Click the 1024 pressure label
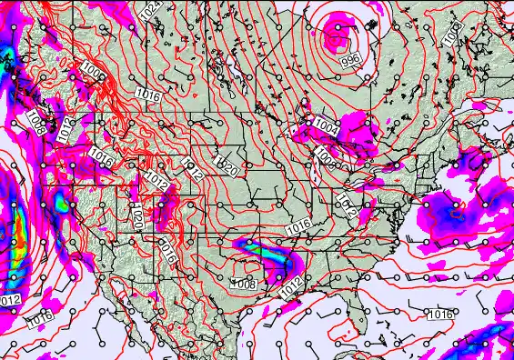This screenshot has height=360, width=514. click(x=153, y=11)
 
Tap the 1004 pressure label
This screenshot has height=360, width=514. click(x=326, y=127)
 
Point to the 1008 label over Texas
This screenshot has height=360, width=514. click(x=243, y=284)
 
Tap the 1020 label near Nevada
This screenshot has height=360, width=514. click(x=136, y=216)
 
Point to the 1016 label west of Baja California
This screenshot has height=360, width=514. click(x=38, y=319)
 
